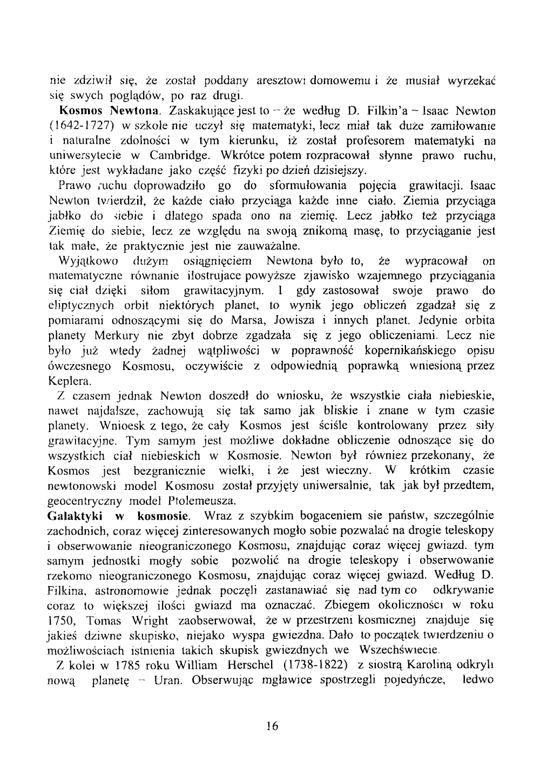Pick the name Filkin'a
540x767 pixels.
point(390,112)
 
